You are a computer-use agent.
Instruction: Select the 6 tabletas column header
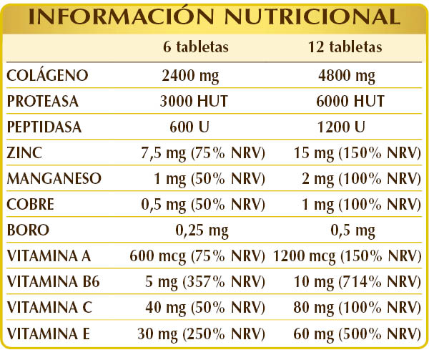coord(195,48)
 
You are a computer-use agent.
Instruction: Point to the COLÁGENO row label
coord(47,75)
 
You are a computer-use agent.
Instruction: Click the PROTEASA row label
coord(42,101)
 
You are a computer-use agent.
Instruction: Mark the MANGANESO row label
coord(54,178)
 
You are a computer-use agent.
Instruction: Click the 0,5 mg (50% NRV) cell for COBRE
coord(204,204)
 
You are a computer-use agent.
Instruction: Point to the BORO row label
coord(25,230)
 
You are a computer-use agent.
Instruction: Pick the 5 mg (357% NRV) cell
coord(204,281)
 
